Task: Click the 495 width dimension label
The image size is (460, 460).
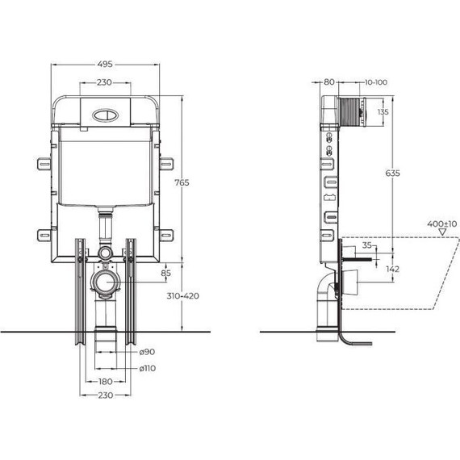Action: pyautogui.click(x=106, y=64)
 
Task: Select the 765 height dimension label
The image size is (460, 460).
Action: pyautogui.click(x=182, y=182)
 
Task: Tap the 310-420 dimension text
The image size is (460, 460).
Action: pyautogui.click(x=182, y=295)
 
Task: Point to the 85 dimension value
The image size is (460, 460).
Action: pyautogui.click(x=165, y=273)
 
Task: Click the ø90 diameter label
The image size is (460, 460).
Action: pyautogui.click(x=147, y=351)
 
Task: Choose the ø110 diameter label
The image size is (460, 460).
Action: pyautogui.click(x=147, y=368)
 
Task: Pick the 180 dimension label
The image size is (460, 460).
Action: pyautogui.click(x=106, y=382)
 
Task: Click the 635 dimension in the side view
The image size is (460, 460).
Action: pyautogui.click(x=392, y=173)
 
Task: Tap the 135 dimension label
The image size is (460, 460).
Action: pyautogui.click(x=383, y=112)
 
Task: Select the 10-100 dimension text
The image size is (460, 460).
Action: pyautogui.click(x=376, y=82)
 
